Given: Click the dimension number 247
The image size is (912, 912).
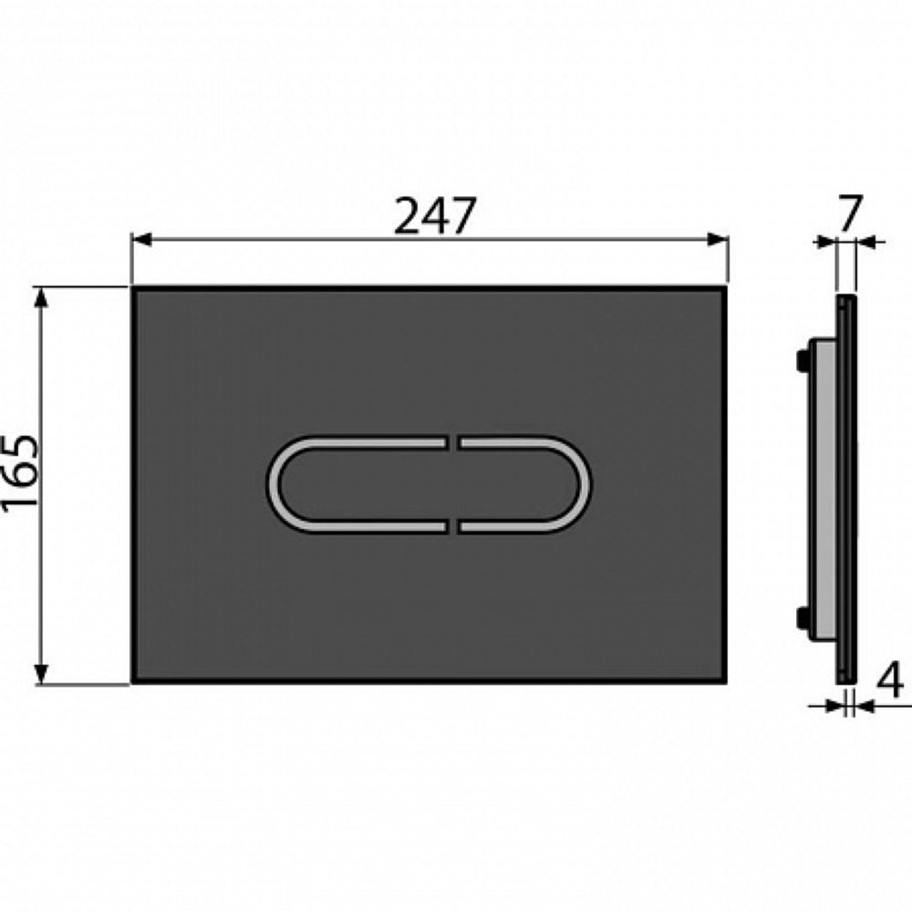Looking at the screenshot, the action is [435, 216].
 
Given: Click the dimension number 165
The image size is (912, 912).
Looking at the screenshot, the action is [20, 474].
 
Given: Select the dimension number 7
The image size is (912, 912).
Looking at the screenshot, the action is [848, 214].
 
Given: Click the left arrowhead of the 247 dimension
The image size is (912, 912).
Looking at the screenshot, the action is [142, 240].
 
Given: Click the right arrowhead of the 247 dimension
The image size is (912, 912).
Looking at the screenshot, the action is [719, 240].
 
